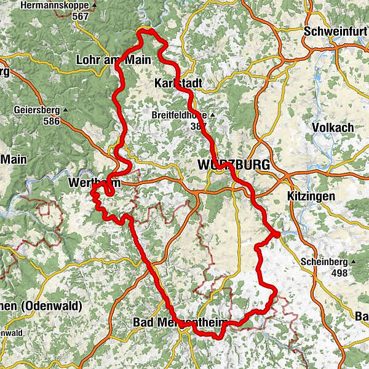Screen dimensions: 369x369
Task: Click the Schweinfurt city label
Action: [x=336, y=31]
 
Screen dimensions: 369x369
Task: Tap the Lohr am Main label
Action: [x=106, y=60]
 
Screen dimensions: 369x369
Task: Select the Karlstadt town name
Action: [x=179, y=83]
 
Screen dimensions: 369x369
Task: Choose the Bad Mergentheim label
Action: [x=179, y=322]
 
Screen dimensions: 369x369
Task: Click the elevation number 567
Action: [x=80, y=17]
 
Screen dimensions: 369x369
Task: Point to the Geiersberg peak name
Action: [x=36, y=111]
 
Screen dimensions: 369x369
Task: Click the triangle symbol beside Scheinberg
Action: [x=353, y=262]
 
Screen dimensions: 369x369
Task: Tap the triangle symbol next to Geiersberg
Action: [x=65, y=111]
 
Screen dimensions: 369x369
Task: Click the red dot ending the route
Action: [x=277, y=234]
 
